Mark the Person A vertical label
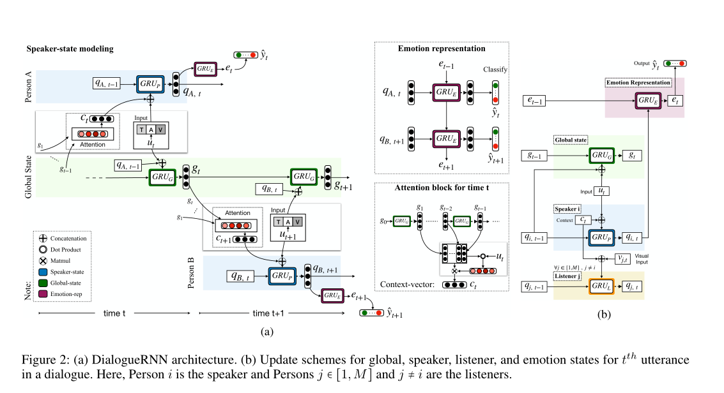[x=29, y=87]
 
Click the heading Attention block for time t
[x=442, y=189]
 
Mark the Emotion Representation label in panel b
[x=638, y=82]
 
